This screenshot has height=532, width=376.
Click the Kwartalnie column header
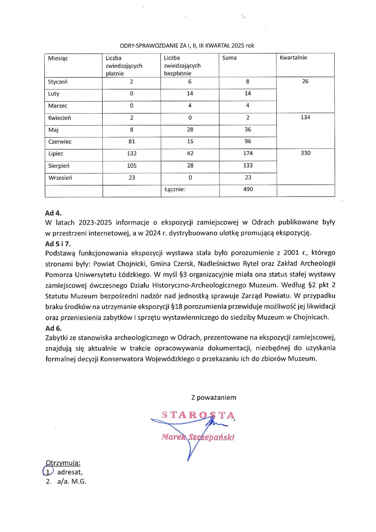coord(293,58)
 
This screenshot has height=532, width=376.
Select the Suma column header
coord(229,58)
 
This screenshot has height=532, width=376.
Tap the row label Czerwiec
coord(60,142)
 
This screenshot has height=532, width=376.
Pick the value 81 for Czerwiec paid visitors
coord(132,142)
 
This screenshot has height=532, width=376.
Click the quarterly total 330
coord(305,153)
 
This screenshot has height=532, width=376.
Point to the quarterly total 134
coord(305,117)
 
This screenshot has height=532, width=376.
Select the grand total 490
coord(248,189)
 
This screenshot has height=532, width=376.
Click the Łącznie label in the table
coord(175,189)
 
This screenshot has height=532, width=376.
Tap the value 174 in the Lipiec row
coord(248,153)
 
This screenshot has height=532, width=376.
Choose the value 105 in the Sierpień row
coord(132,165)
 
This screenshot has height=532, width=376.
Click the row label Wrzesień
coord(60,178)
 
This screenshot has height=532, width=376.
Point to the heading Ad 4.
coord(53,213)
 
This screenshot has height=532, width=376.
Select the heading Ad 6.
coord(53,328)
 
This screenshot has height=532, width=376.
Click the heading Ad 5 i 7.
coord(58,244)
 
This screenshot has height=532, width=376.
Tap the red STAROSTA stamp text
coord(198,415)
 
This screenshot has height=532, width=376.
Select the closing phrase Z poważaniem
coord(213,397)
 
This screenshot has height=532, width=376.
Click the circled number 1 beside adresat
coord(48,472)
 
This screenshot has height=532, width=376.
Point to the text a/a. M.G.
coord(72,481)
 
